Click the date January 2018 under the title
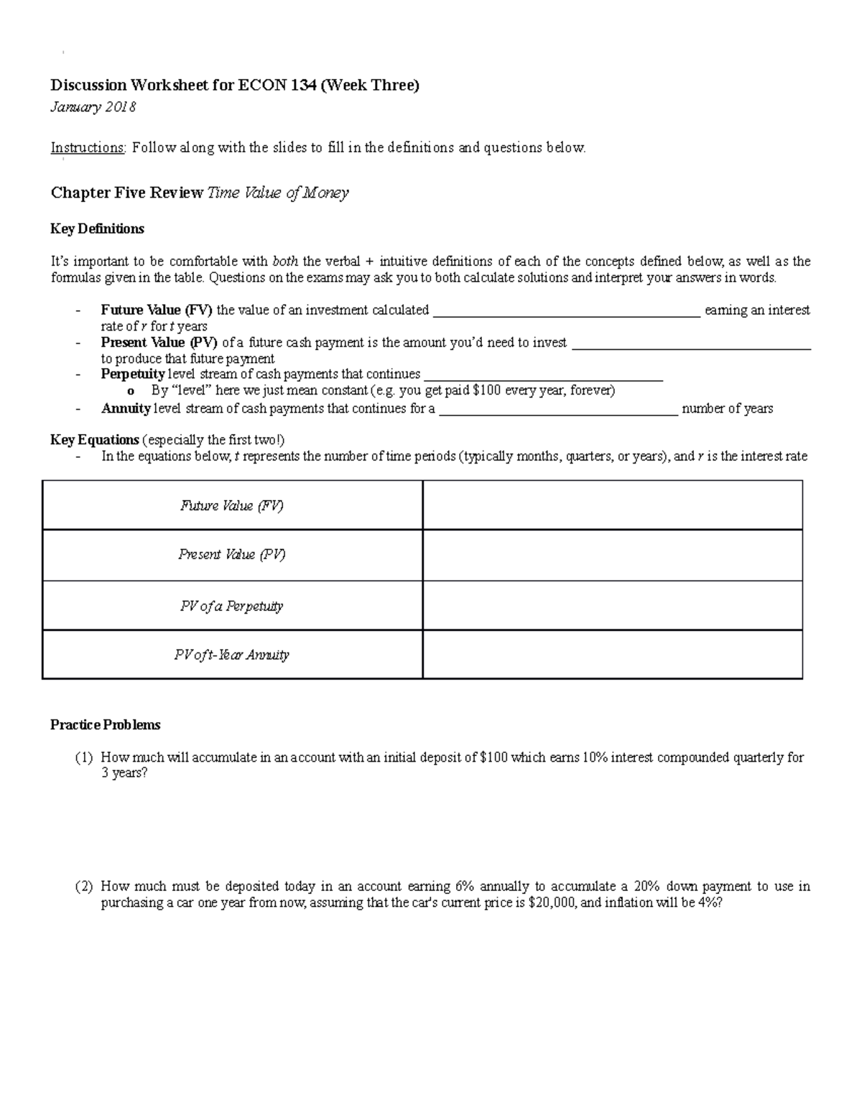click(93, 108)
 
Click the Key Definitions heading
click(97, 229)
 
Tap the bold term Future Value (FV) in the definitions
click(157, 310)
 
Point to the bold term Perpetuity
click(133, 374)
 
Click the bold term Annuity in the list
click(126, 409)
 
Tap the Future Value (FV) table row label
click(232, 506)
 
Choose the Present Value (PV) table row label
click(232, 555)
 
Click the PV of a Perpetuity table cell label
click(232, 606)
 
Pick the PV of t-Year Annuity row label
click(232, 655)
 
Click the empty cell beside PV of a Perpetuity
click(612, 606)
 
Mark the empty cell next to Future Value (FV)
click(612, 506)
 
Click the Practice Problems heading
click(105, 724)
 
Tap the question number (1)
click(84, 757)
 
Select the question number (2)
click(84, 887)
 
